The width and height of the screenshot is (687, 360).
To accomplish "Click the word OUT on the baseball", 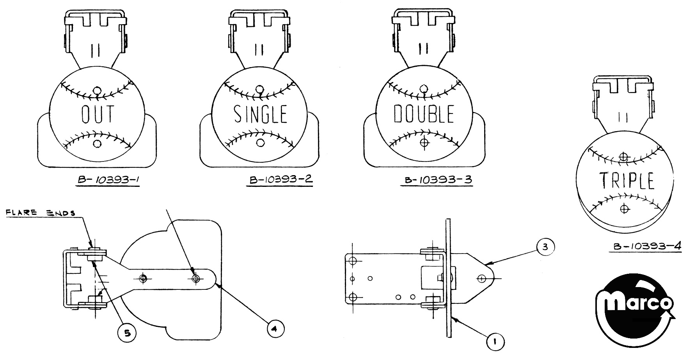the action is click(x=98, y=113).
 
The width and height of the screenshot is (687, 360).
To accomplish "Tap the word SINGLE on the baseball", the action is click(x=260, y=113).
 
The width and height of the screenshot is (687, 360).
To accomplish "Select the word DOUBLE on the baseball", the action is click(x=423, y=113).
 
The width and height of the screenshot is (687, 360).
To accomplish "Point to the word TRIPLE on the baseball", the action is click(x=627, y=181).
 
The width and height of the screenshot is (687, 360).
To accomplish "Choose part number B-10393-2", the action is click(x=280, y=180).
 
